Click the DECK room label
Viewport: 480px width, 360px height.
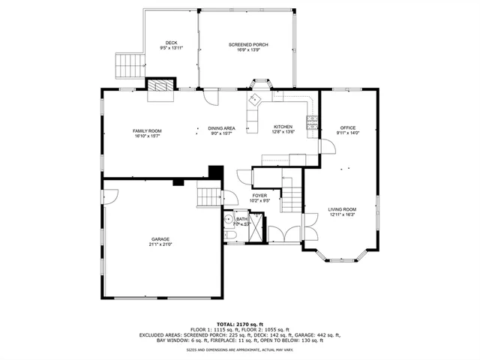172,43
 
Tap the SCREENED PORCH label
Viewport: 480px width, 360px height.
248,45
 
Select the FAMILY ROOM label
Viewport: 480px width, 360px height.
148,130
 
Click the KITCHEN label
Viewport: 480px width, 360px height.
283,127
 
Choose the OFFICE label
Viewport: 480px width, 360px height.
348,127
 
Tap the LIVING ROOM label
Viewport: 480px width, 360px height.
342,209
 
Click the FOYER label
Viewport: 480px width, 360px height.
259,196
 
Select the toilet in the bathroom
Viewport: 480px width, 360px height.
230,236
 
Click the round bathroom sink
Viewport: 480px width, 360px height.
228,220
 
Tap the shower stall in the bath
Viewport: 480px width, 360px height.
256,228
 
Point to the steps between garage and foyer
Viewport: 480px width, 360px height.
208,196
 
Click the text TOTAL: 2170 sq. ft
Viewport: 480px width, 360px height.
240,324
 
